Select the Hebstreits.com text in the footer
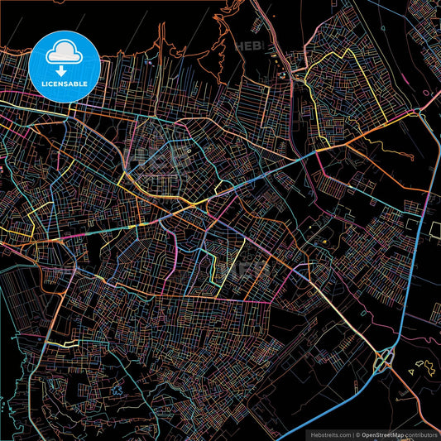tap(329, 434)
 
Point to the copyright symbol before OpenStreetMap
tap(357, 434)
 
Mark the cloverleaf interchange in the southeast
tap(384, 360)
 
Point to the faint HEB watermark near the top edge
tap(248, 46)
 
